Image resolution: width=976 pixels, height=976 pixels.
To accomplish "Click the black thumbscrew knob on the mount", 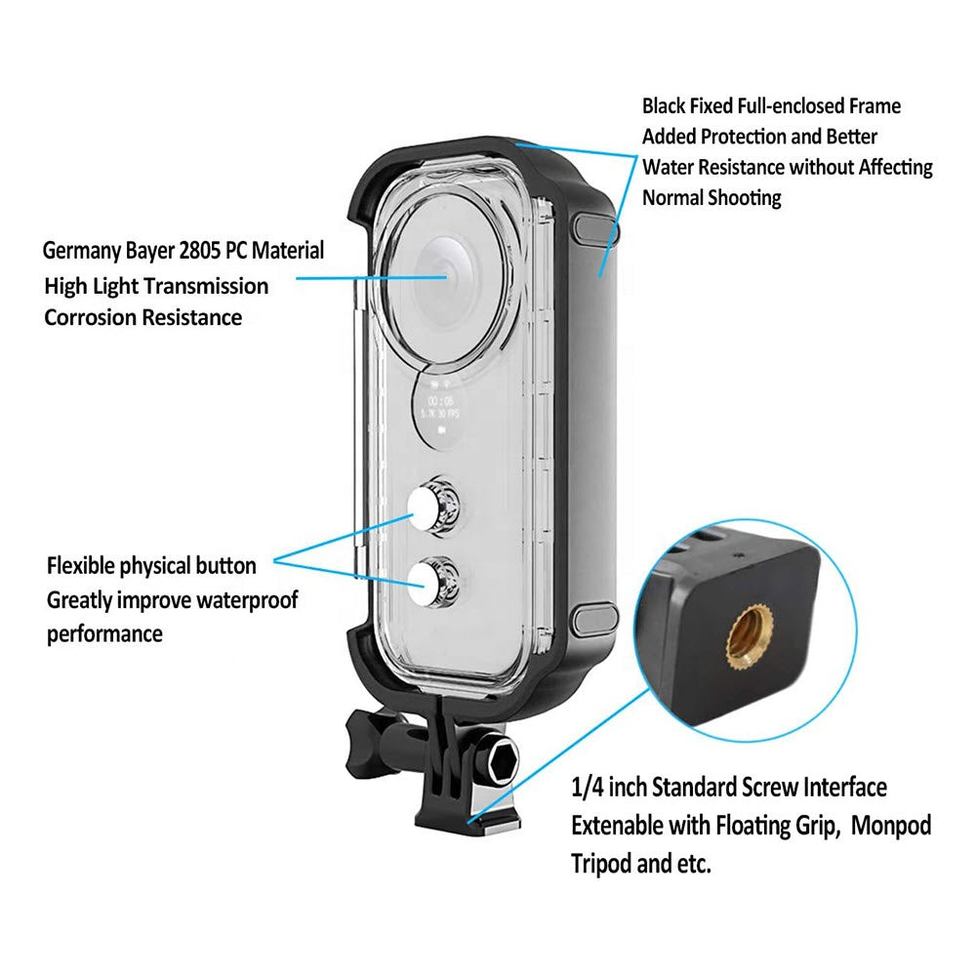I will (372, 739).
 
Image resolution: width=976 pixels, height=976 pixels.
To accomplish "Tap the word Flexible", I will (82, 566).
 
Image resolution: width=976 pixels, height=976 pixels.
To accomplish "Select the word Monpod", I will (891, 827).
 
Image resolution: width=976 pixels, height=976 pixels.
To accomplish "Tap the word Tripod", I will (602, 864).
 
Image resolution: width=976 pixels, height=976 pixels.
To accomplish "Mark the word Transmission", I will (206, 286).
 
